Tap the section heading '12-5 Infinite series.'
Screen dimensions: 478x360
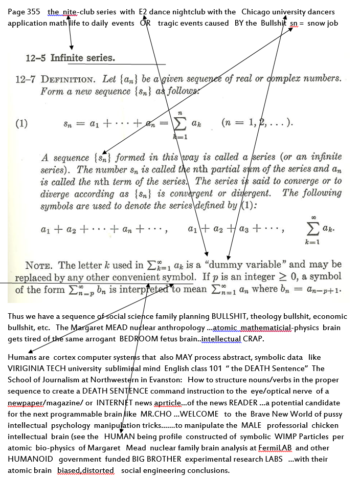(x=70, y=58)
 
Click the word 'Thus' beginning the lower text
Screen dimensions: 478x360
(x=16, y=316)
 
